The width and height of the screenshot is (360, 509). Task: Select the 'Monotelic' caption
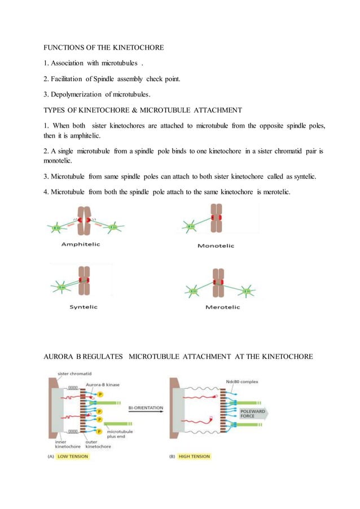coord(216,245)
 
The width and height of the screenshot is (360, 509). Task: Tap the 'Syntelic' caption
coord(83,306)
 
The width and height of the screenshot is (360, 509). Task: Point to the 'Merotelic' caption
coord(218,307)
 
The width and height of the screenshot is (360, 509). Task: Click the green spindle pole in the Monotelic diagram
coord(191,226)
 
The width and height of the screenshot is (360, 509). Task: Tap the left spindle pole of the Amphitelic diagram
coord(57,227)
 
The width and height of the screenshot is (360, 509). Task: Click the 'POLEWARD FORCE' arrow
coord(252,414)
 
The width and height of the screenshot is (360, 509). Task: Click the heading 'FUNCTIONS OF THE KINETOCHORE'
coord(104,48)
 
